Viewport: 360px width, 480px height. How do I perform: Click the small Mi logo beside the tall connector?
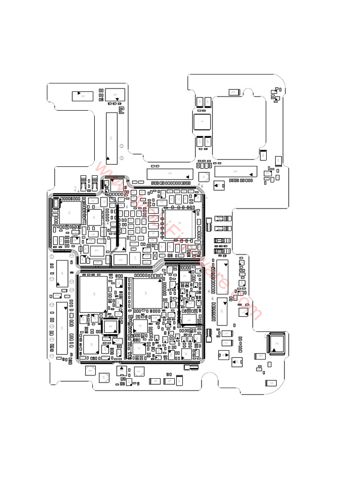click(121, 111)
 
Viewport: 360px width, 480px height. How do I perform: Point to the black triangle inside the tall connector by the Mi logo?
click(109, 159)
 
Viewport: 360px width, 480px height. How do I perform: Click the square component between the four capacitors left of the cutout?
click(202, 122)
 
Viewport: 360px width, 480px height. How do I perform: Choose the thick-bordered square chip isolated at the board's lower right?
click(276, 343)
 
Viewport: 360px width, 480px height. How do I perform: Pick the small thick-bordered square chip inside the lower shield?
click(111, 326)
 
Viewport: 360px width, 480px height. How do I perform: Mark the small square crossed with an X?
click(155, 255)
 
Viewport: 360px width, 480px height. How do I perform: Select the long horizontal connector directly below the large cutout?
click(236, 172)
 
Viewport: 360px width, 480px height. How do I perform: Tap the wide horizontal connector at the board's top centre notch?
click(170, 174)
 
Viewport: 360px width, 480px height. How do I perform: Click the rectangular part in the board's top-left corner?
click(82, 96)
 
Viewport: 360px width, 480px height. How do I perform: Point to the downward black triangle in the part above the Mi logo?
click(118, 99)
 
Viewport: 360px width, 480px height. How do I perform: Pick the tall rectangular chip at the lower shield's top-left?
click(93, 294)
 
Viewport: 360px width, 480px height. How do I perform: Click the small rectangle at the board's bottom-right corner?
click(270, 383)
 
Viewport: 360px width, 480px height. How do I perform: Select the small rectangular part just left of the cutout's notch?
click(233, 92)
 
